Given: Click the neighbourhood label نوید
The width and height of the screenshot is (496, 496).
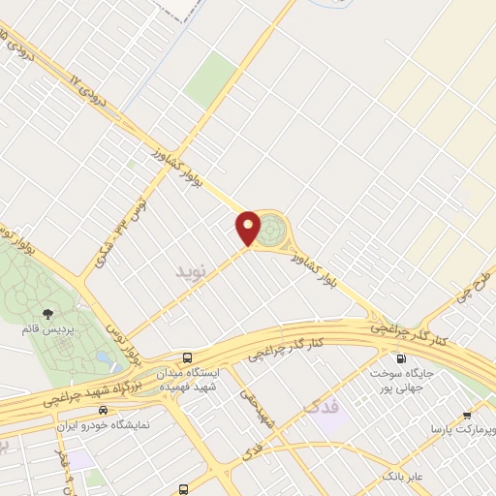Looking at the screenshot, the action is pos(191,271).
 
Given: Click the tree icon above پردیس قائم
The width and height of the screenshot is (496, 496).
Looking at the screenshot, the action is pos(48,313).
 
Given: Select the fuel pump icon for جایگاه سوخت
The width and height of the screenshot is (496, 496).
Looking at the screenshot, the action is pos(401,357).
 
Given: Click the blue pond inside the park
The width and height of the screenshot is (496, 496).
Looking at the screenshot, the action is pos(103,357).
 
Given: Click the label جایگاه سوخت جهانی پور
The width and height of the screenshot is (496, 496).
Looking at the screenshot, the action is pos(401,379).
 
